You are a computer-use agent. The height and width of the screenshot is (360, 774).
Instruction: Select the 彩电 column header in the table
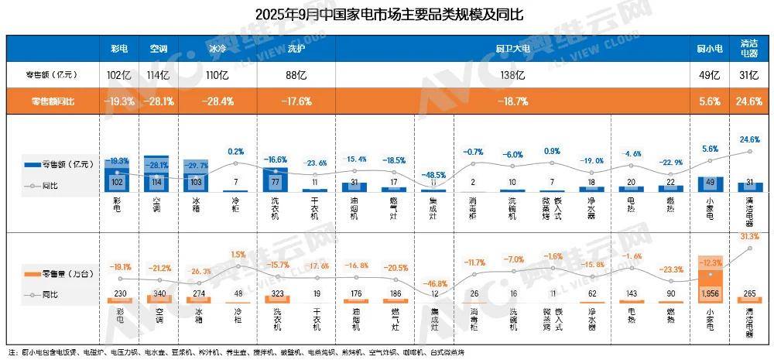[x=119, y=48]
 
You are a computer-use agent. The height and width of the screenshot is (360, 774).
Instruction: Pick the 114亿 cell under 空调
[x=158, y=75]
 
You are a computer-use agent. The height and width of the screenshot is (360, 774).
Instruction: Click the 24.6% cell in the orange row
[x=749, y=101]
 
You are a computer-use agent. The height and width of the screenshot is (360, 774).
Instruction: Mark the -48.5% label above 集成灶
[x=433, y=175]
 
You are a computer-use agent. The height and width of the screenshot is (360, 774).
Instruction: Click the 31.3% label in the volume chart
[x=748, y=236]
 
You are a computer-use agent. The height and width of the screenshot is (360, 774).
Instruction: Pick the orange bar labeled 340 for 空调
[x=158, y=299]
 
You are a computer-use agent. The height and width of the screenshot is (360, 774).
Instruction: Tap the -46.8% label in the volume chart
[x=433, y=284]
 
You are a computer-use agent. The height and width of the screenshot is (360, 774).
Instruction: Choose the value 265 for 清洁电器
[x=748, y=293]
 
